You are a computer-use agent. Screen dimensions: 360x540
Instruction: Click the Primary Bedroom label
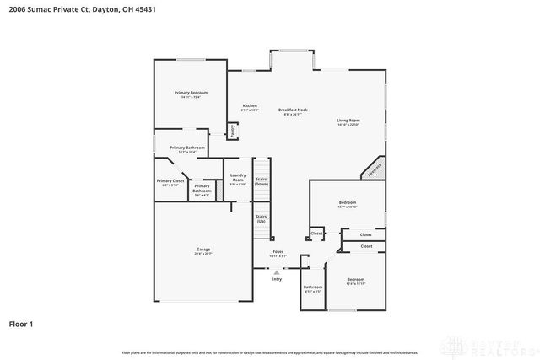(x=191, y=93)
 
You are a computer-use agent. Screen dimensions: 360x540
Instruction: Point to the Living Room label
(x=348, y=121)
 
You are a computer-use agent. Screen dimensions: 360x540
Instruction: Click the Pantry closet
(x=232, y=131)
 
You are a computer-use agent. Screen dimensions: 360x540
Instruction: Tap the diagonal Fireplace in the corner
(x=374, y=167)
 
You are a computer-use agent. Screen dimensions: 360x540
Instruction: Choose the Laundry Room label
(x=238, y=179)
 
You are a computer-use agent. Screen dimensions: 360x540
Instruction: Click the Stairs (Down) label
(x=262, y=181)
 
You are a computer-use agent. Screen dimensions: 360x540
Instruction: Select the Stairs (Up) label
(x=262, y=218)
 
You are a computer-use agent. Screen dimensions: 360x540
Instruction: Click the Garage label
(x=203, y=250)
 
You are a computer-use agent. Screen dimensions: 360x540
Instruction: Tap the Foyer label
(x=278, y=252)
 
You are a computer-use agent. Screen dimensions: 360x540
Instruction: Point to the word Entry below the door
(x=276, y=279)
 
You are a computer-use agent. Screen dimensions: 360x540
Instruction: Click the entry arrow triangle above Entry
(x=276, y=271)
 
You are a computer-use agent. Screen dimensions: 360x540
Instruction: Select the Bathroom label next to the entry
(x=313, y=287)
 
